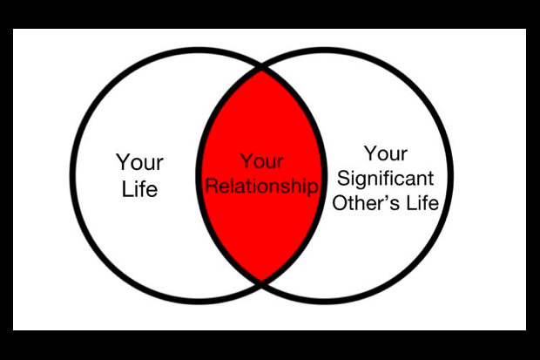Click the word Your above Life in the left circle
tap(140, 162)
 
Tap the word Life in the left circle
tap(140, 187)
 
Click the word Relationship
tap(261, 186)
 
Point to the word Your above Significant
tap(386, 154)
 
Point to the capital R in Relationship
tap(211, 186)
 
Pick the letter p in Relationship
tap(309, 187)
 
